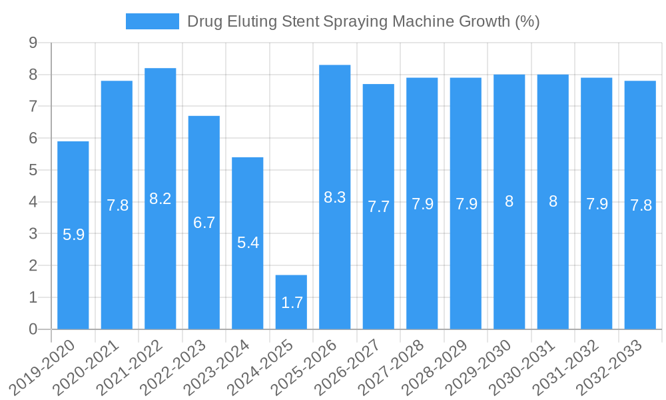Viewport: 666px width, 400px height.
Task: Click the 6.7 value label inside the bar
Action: (204, 223)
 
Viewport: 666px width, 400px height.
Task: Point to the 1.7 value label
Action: (292, 303)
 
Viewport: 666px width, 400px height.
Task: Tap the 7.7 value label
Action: (378, 207)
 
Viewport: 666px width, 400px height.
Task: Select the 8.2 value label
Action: (161, 199)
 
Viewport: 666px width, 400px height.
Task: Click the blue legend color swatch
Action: (153, 21)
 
